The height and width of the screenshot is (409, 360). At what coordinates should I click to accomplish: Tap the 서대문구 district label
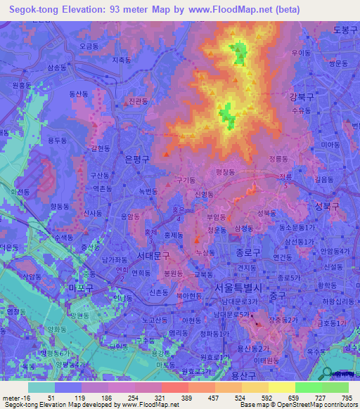[153, 255]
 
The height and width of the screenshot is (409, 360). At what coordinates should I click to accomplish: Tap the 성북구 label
[326, 206]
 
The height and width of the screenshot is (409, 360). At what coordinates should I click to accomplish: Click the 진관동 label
[138, 101]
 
